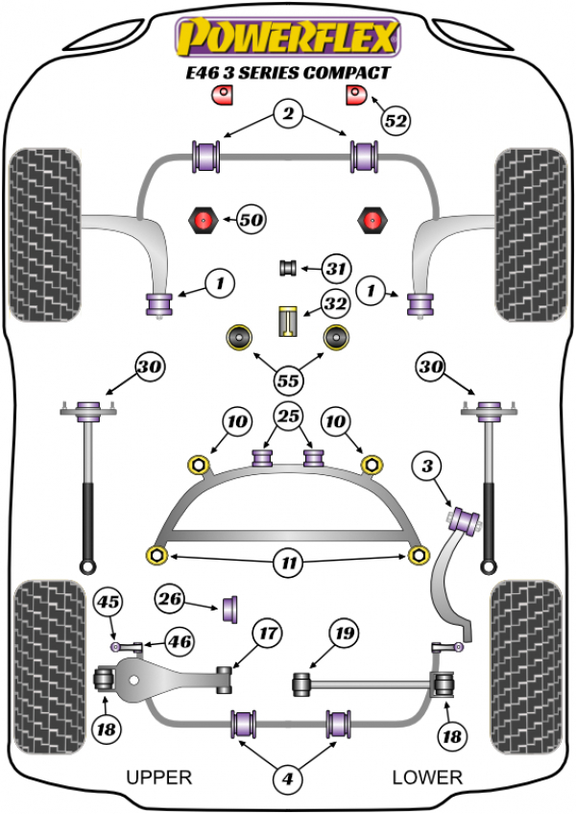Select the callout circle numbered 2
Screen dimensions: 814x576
[286, 115]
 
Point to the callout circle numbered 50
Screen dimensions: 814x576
[251, 221]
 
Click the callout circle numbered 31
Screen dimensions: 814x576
[335, 269]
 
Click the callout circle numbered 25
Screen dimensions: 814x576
[286, 417]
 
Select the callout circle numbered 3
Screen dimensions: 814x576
[427, 467]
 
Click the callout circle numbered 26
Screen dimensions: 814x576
[170, 601]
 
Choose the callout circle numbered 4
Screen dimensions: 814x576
[286, 781]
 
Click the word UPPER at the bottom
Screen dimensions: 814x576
[159, 777]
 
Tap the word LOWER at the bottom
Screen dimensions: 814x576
[427, 777]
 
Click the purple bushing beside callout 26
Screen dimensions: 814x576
[230, 608]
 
